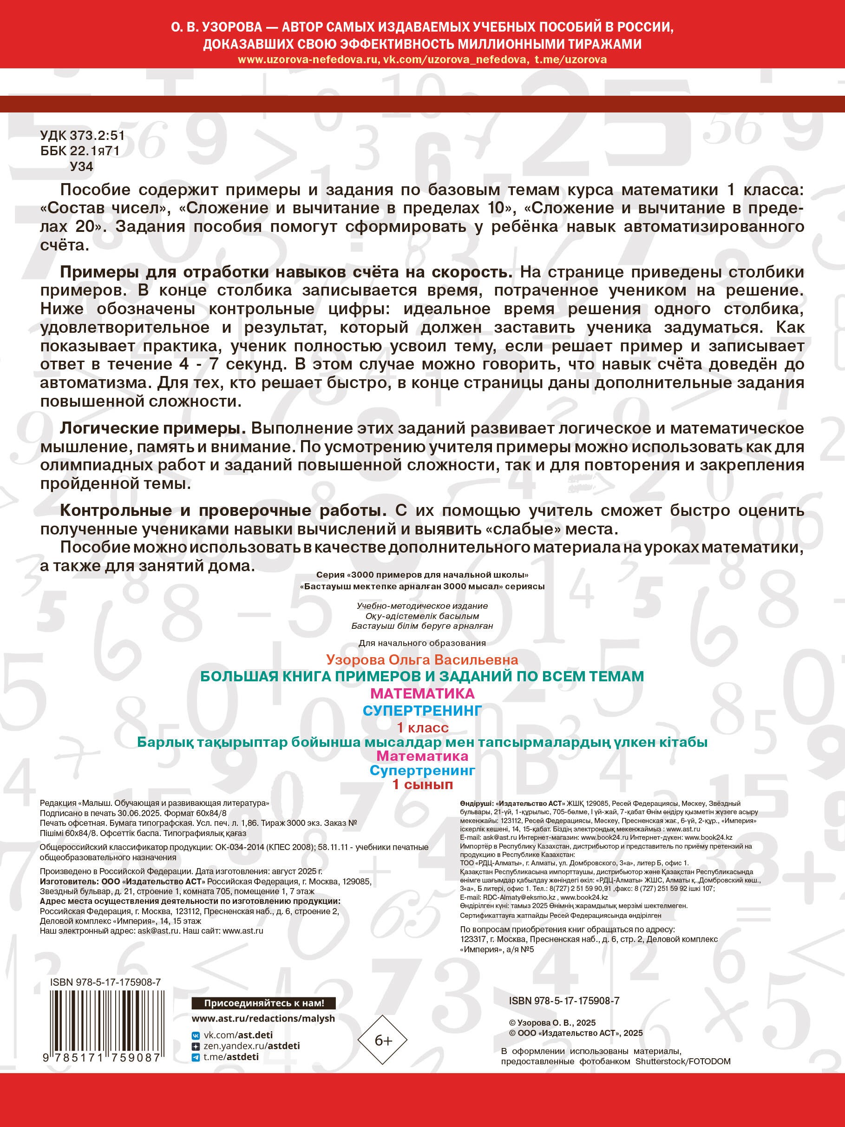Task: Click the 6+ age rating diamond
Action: pos(383,1041)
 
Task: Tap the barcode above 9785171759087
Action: pos(105,1022)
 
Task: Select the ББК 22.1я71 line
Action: pos(79,151)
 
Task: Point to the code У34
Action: pos(81,166)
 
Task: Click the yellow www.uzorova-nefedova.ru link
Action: pos(308,59)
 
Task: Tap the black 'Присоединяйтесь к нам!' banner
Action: pos(264,1003)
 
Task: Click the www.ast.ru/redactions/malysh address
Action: pos(263,1018)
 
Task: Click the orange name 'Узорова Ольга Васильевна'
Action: pos(422,660)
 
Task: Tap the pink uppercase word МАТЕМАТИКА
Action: pos(422,693)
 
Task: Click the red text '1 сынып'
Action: pos(422,784)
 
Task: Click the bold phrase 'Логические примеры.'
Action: pos(153,428)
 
